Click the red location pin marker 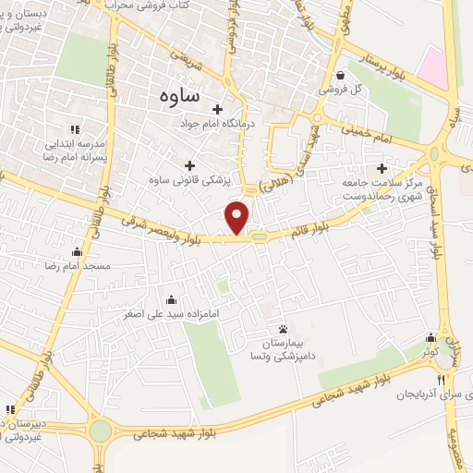pyautogui.click(x=237, y=218)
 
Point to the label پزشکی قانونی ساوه pyautogui.click(x=190, y=179)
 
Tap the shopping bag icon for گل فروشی pyautogui.click(x=342, y=76)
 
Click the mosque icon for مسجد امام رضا pyautogui.click(x=77, y=252)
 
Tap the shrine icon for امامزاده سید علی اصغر pyautogui.click(x=172, y=300)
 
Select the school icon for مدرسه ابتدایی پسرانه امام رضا pyautogui.click(x=75, y=129)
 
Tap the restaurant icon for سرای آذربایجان pyautogui.click(x=442, y=381)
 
